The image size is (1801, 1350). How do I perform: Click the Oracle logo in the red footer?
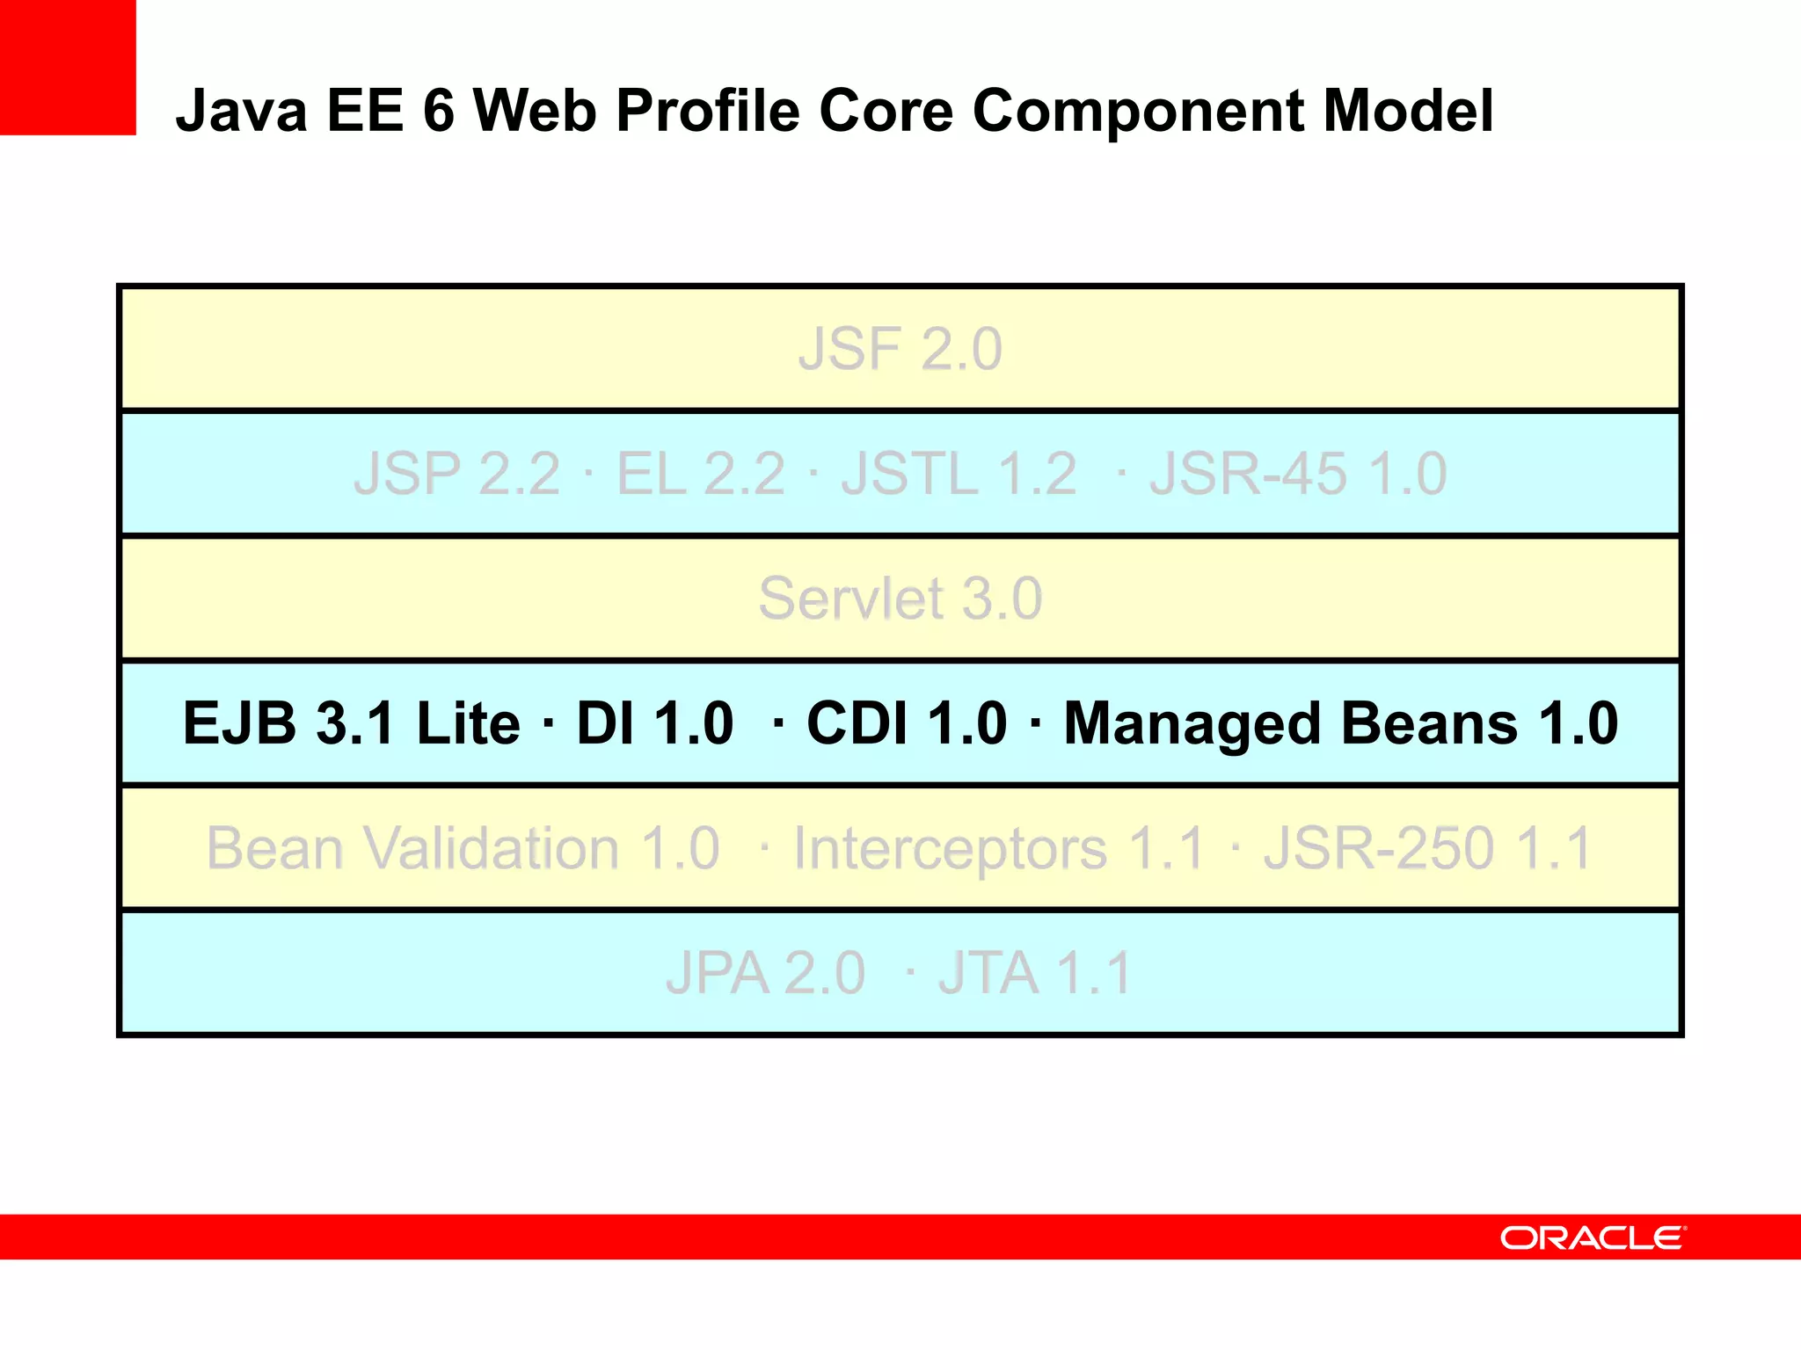point(1593,1237)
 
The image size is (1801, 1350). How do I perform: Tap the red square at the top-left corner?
point(68,67)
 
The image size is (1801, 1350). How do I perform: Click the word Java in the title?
point(241,111)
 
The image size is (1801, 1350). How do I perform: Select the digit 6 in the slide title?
point(439,111)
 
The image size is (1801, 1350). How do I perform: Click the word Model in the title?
point(1408,111)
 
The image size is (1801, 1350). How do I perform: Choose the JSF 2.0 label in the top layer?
point(900,349)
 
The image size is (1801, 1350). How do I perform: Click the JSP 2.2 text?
point(456,474)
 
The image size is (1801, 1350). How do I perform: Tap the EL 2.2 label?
point(700,474)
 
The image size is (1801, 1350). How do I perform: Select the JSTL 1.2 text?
point(959,474)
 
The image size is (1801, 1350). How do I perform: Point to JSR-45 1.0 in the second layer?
point(1298,474)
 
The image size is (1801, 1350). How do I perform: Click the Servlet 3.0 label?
point(900,599)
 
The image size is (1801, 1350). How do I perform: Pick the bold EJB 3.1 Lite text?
point(351,723)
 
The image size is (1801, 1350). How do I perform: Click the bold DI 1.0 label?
point(654,723)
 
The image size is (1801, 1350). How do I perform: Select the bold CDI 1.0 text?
point(906,723)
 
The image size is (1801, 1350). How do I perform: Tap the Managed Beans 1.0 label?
point(1340,723)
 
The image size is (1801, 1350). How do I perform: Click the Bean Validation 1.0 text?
point(463,849)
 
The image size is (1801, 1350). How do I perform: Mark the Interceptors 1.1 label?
point(998,849)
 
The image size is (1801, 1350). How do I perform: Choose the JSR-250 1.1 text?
point(1427,849)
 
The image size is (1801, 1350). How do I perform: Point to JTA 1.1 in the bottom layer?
point(1034,974)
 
